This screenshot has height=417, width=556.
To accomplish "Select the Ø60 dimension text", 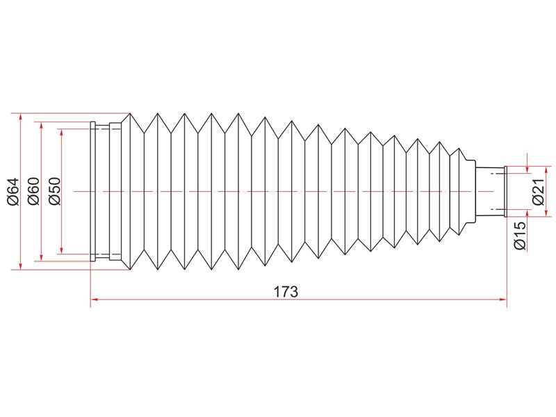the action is (34, 192).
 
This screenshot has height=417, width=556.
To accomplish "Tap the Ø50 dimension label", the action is (55, 192).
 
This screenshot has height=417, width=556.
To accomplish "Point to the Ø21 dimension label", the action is (538, 192).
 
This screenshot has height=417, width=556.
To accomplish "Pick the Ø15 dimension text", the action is (520, 235).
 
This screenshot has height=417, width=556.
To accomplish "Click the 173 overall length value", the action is (286, 292).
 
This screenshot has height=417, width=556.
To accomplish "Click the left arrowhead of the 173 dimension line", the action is (94, 300).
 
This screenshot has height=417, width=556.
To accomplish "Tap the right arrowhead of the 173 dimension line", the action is (503, 300).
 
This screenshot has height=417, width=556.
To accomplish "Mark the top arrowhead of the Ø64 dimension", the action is (21, 117).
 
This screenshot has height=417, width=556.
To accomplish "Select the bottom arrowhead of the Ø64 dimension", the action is (21, 266).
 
